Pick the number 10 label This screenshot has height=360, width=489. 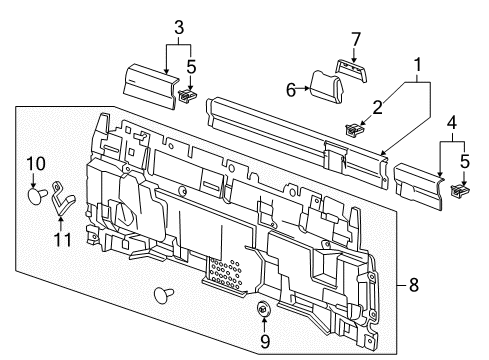click(x=36, y=162)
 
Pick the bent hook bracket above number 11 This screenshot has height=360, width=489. click(x=63, y=195)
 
